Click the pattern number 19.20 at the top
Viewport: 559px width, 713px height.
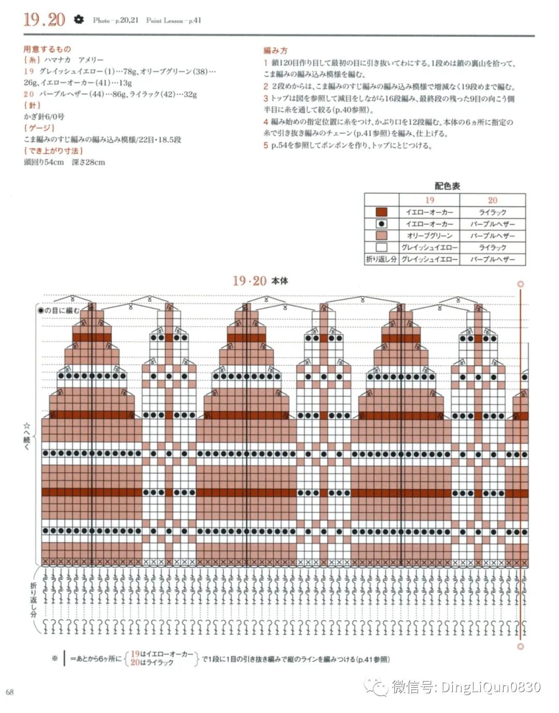(x=44, y=20)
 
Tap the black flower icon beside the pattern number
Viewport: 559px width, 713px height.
(x=78, y=20)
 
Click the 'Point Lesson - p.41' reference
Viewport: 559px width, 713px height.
(x=173, y=21)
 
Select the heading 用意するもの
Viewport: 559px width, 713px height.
(x=47, y=49)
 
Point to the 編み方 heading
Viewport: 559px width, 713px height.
(x=275, y=51)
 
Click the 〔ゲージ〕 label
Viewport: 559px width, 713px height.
(x=39, y=128)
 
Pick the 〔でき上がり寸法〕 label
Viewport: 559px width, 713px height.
(x=53, y=151)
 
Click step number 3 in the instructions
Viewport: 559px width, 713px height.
(x=266, y=98)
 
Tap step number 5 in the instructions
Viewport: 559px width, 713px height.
(x=266, y=145)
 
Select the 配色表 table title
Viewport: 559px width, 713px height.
(x=447, y=186)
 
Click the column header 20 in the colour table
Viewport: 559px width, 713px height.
(x=492, y=200)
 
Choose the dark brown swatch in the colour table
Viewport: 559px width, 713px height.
(x=381, y=212)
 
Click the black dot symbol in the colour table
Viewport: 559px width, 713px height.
(x=381, y=224)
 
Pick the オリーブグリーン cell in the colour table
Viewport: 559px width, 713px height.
(x=429, y=236)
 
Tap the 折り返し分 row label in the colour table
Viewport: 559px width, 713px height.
(x=381, y=259)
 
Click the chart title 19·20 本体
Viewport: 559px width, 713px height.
(x=260, y=281)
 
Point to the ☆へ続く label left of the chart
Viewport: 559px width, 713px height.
(x=27, y=436)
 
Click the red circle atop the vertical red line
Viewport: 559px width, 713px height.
(x=521, y=284)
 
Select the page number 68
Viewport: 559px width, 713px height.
(x=10, y=692)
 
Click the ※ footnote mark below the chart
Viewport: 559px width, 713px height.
(x=54, y=659)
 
